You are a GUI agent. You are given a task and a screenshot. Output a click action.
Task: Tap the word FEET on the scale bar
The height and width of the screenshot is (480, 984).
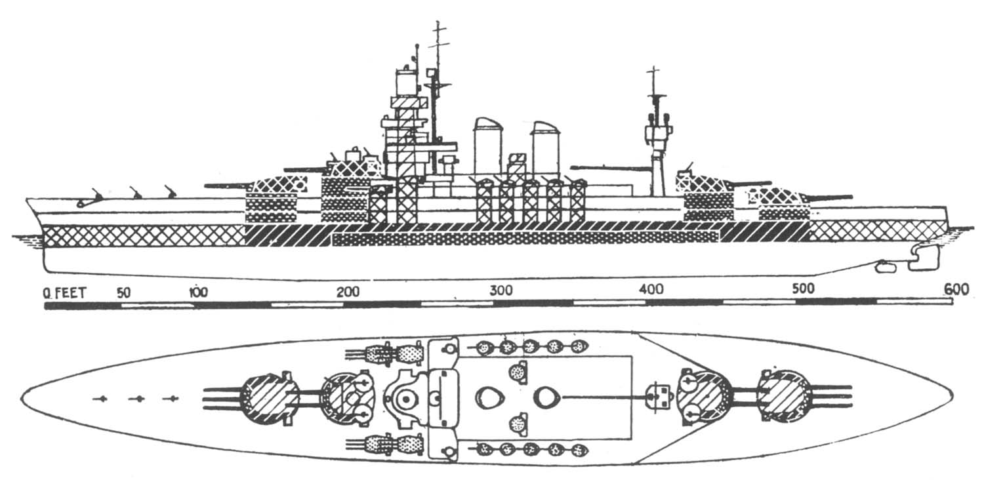coord(69,293)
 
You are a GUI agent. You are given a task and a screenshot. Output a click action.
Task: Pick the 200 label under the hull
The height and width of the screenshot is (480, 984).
coord(349,291)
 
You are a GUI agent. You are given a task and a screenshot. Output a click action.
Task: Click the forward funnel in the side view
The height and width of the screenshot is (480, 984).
coord(487,147)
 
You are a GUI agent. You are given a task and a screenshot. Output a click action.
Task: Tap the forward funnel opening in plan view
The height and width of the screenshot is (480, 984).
coord(489,397)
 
